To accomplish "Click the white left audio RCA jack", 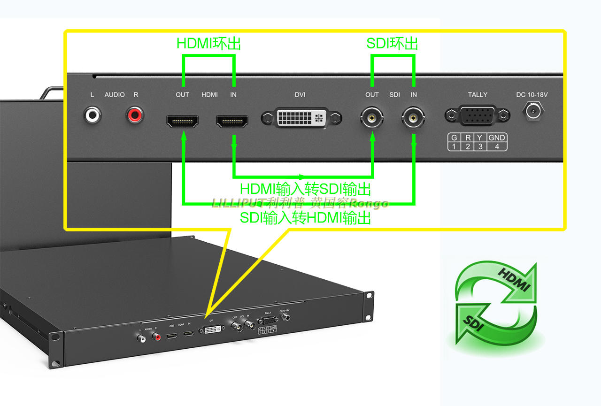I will coord(92,115).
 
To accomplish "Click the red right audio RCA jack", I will coord(135,115).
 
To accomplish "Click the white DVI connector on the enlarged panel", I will coord(300,117).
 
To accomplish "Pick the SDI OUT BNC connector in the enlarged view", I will coord(372,118).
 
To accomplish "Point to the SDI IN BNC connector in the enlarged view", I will coord(414,118).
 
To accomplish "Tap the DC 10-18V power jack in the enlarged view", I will coord(532,112).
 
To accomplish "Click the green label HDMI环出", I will coord(208,44).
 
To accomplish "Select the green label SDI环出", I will coord(392,44).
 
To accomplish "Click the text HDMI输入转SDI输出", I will coord(306,189).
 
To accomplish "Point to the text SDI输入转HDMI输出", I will coord(306,218).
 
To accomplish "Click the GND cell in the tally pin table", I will coord(496,138).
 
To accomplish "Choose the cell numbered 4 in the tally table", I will coord(496,146).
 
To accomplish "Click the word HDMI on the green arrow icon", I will coord(514,280).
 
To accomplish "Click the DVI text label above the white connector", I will coord(300,95).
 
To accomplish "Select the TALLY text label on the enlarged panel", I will coord(478,95).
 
